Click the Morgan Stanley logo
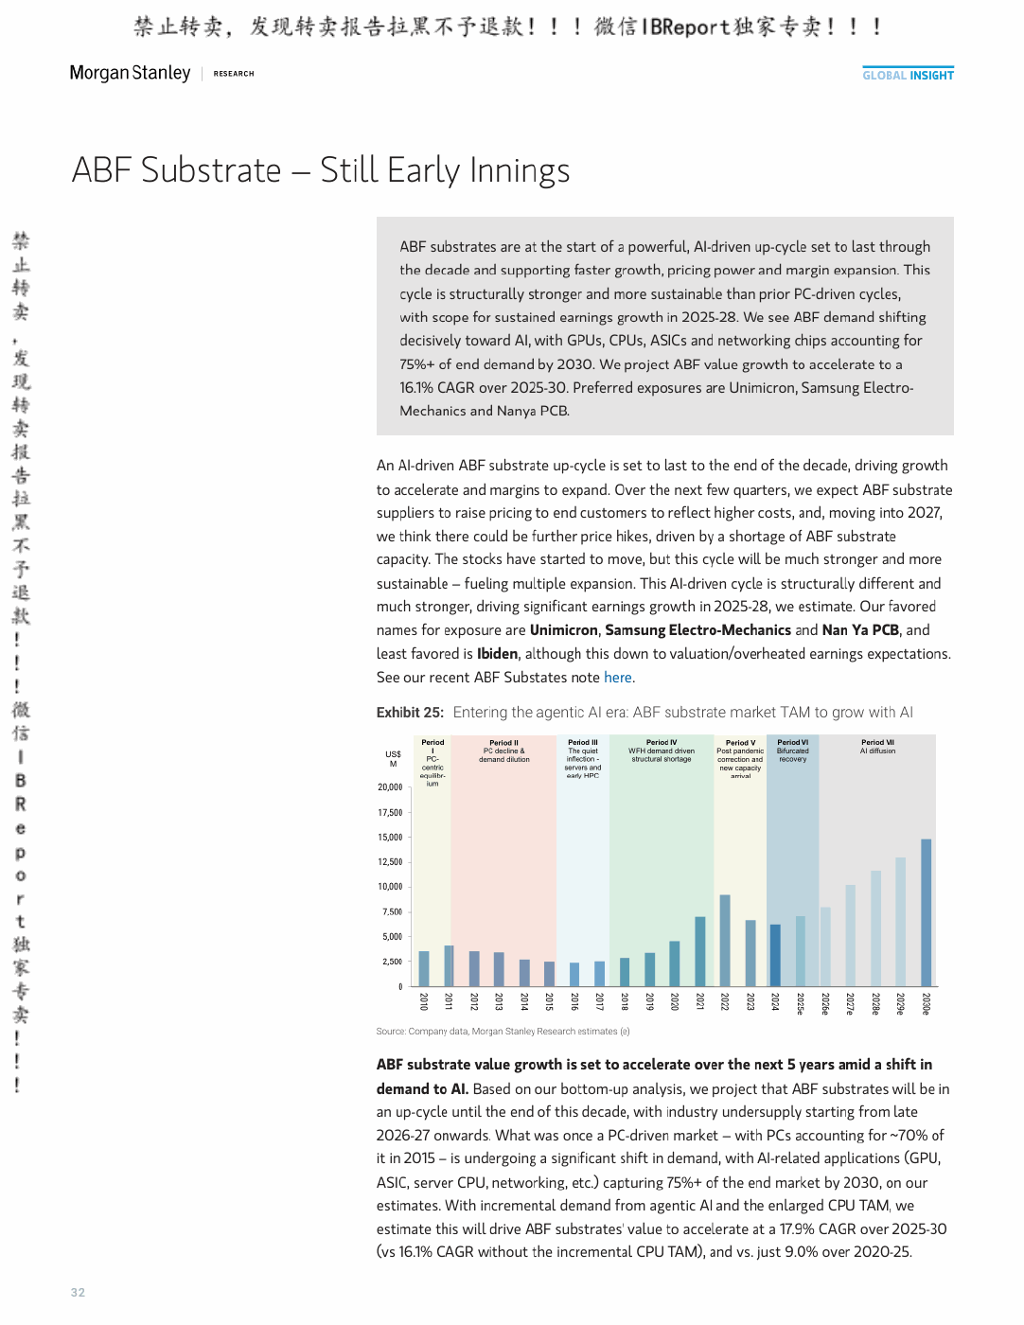[130, 73]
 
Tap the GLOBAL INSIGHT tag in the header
[908, 75]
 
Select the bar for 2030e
[926, 912]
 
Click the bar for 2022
[725, 940]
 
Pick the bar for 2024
[775, 955]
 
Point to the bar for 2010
[424, 968]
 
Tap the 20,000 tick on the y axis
[390, 787]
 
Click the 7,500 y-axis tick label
[392, 911]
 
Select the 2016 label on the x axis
[574, 1002]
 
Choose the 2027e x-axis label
[850, 1003]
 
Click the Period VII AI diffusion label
[877, 747]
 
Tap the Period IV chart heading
[662, 742]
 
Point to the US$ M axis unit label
[393, 758]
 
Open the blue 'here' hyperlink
[617, 677]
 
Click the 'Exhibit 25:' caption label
[410, 713]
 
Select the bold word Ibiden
[498, 653]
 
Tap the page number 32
[78, 1292]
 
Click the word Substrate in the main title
[211, 169]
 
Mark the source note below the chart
[503, 1031]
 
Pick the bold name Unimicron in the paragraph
[564, 630]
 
